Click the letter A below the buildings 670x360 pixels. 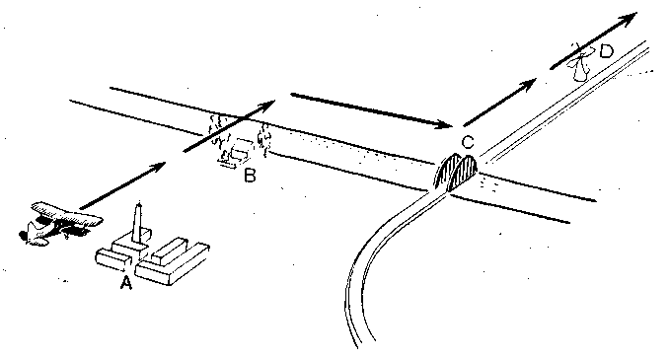[x=125, y=283]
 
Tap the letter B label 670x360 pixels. [x=250, y=176]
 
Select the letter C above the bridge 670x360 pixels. [x=469, y=143]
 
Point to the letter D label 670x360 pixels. [x=606, y=51]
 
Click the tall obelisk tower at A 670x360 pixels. [x=138, y=224]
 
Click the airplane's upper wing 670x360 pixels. [x=67, y=213]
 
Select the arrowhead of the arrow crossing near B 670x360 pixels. [x=268, y=105]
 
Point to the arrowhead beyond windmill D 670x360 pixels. [x=629, y=18]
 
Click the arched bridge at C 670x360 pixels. [x=456, y=172]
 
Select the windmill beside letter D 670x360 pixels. [x=579, y=62]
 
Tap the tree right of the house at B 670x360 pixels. [x=264, y=139]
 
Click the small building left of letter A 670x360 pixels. [x=112, y=259]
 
